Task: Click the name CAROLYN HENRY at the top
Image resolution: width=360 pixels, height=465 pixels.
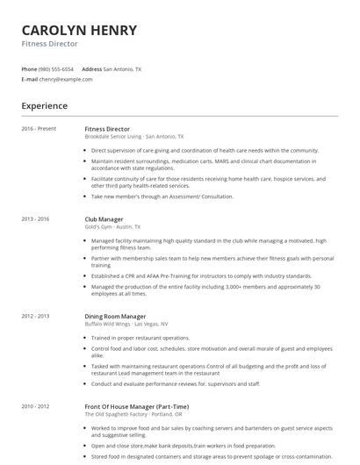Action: pyautogui.click(x=79, y=30)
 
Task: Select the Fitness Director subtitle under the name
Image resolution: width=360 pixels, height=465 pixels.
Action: pyautogui.click(x=50, y=43)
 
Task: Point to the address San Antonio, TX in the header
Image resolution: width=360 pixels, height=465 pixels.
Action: pyautogui.click(x=122, y=68)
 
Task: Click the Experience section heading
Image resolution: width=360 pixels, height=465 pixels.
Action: pyautogui.click(x=45, y=106)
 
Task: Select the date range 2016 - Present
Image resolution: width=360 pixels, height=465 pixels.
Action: pyautogui.click(x=39, y=129)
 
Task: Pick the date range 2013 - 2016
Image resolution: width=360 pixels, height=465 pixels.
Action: pyautogui.click(x=36, y=218)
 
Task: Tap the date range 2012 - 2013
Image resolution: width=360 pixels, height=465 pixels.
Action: pyautogui.click(x=36, y=315)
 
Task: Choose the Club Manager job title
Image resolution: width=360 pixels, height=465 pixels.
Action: pyautogui.click(x=104, y=218)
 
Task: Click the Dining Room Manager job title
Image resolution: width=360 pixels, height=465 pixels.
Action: pyautogui.click(x=115, y=315)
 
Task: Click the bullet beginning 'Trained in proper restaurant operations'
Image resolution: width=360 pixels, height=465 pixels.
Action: pyautogui.click(x=140, y=338)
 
